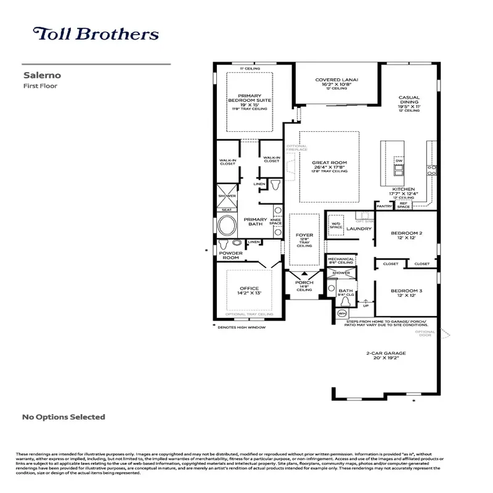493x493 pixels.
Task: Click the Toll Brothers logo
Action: click(x=96, y=34)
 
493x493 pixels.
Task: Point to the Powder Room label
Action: click(x=231, y=255)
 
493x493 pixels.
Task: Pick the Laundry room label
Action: click(x=359, y=229)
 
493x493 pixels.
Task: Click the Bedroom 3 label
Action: click(x=407, y=293)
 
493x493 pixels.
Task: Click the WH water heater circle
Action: click(x=342, y=313)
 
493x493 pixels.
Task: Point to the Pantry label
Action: click(x=385, y=206)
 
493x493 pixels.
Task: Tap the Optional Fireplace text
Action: click(x=296, y=148)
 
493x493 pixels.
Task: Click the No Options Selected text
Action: click(x=63, y=417)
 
